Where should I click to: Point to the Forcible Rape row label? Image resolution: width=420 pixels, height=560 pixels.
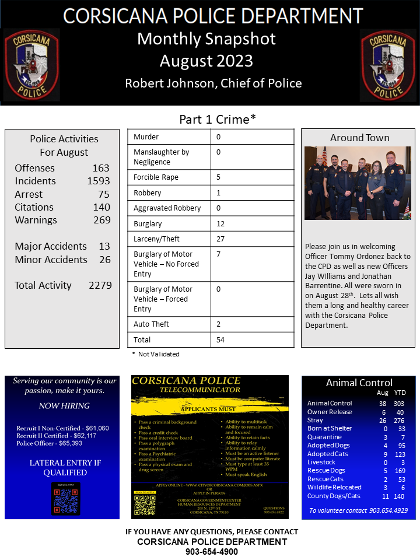pos(156,177)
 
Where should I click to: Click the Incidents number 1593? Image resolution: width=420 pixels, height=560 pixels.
pos(99,181)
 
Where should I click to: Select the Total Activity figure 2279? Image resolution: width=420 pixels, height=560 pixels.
pos(100,285)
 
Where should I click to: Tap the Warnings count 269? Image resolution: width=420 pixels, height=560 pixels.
pos(101,220)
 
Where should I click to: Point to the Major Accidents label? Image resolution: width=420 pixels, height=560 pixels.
pos(51,246)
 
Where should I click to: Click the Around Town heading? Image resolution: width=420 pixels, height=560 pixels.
pos(359,138)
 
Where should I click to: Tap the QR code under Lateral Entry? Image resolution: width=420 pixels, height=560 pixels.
pos(65,501)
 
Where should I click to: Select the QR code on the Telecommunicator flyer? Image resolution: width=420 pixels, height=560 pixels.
pos(145,505)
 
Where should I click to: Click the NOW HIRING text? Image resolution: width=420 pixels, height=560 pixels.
pos(64,406)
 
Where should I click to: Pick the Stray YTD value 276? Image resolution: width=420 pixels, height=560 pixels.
pos(399,420)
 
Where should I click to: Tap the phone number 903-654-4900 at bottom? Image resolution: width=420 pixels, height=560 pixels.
pos(212,551)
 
